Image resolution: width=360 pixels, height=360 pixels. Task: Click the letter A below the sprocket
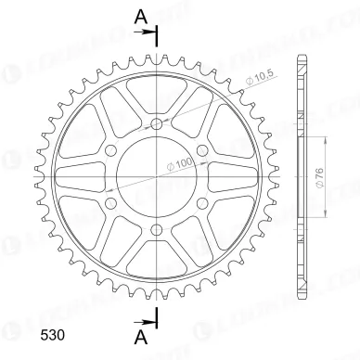coord(139,334)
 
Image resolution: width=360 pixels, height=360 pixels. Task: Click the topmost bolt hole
coord(156,122)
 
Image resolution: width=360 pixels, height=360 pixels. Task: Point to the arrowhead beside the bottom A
coord(150,318)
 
